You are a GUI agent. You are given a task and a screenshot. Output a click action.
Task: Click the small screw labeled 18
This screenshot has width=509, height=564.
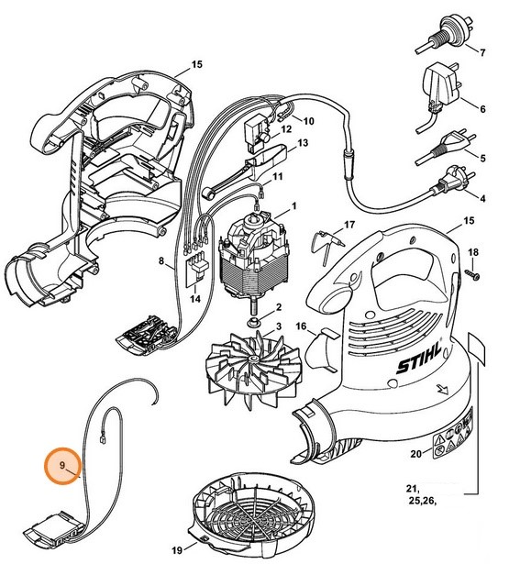click(x=470, y=273)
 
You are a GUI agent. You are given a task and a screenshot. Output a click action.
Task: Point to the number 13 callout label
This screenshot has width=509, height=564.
click(x=302, y=144)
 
